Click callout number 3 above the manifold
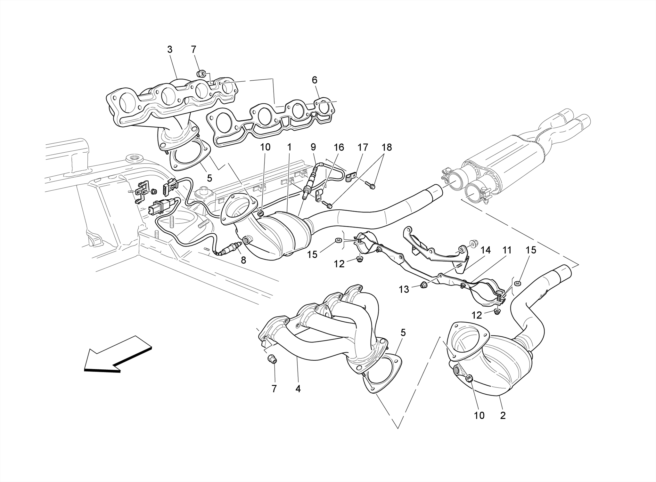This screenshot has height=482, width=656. pos(170,50)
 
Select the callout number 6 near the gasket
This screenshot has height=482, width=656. pos(315,80)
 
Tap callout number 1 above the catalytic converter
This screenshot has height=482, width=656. pos(289,147)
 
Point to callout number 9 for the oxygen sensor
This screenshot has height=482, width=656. pos(313,147)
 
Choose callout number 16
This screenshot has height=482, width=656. pos(339,147)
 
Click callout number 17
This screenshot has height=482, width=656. pos(363,147)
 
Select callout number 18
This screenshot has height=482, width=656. pos(387,147)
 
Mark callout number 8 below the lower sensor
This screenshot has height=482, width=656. pos(243,260)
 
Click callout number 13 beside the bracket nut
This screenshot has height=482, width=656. pos(404,289)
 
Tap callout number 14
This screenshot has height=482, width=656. pos(486,250)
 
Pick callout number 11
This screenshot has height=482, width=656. pos(506,250)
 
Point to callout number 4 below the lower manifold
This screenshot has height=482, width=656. pos(298,389)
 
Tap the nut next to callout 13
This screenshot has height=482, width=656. pos(423,284)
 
